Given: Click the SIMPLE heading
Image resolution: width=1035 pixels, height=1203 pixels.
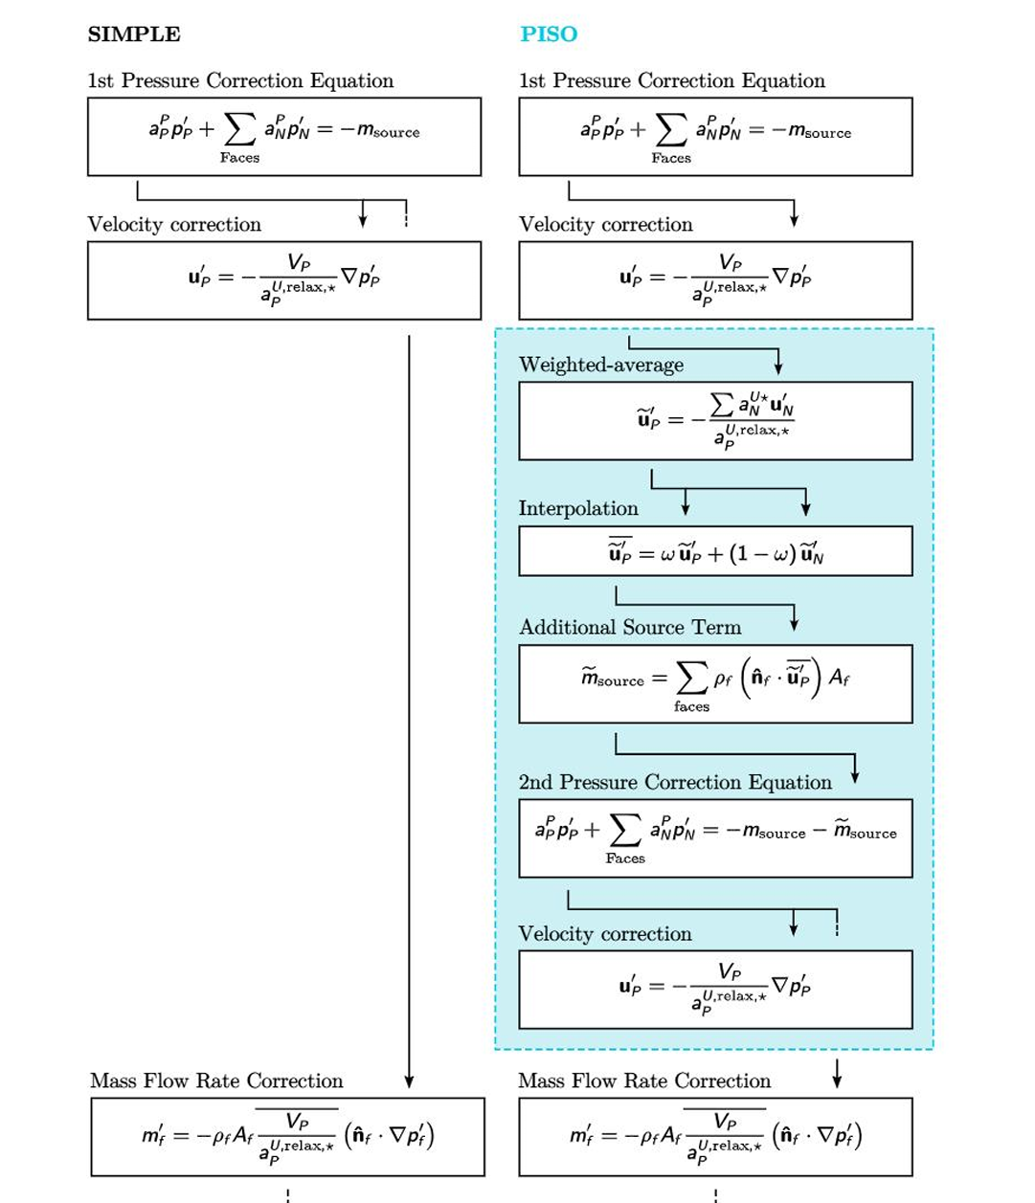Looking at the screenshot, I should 134,34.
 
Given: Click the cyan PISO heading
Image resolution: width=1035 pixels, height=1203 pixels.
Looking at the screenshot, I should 549,34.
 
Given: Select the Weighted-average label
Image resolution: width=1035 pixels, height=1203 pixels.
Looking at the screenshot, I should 601,365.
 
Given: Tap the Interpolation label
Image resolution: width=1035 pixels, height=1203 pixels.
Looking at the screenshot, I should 578,508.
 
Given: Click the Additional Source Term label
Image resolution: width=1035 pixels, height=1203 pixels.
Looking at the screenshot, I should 630,628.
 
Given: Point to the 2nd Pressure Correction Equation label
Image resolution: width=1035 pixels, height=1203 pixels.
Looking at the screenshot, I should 675,782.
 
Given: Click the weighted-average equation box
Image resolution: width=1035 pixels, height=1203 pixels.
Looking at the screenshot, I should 715,421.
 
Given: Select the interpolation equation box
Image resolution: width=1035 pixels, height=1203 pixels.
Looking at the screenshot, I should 715,551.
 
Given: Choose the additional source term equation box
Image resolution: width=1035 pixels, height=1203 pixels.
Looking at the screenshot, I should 715,683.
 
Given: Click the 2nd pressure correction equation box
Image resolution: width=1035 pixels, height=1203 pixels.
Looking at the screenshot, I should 715,837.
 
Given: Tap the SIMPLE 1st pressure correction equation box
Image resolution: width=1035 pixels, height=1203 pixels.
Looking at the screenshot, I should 284,136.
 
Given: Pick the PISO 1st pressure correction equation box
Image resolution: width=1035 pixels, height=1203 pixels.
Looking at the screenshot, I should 715,136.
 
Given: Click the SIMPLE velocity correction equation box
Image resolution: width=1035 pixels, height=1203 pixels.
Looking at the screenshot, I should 284,279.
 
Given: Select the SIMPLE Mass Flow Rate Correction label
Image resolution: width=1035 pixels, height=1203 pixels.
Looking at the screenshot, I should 216,1080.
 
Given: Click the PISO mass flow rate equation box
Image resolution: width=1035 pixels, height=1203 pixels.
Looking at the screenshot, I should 715,1136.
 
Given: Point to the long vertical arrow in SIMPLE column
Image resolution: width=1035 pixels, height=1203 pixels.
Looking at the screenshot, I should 409,708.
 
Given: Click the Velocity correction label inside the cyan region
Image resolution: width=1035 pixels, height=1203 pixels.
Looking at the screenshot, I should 605,934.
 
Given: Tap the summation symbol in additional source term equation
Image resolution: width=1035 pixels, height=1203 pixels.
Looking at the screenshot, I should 691,679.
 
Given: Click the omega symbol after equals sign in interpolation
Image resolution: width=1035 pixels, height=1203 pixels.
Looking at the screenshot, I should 667,555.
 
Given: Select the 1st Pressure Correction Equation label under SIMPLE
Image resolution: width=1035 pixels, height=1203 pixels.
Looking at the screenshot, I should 240,81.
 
